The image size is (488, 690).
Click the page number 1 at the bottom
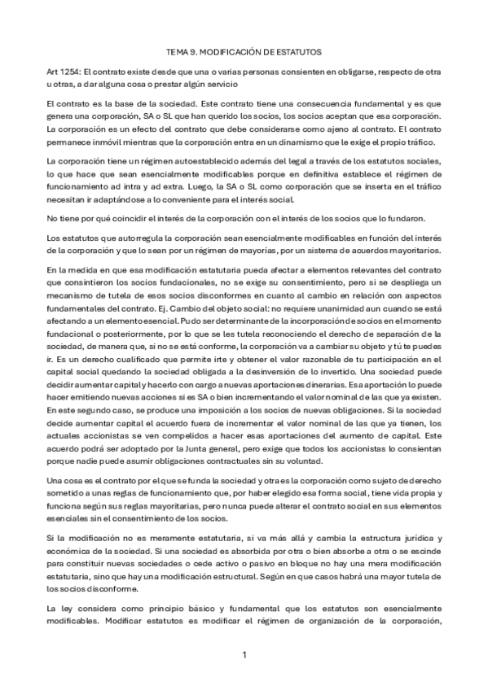point(244,653)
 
